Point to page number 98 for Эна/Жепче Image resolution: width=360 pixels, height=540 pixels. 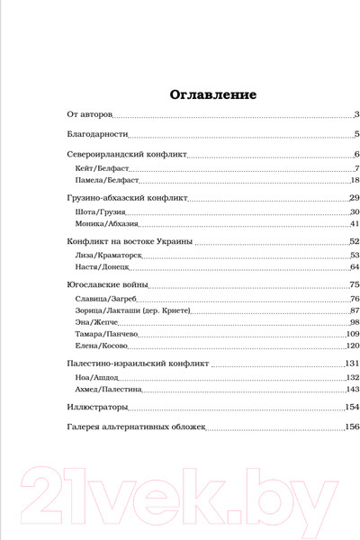coord(355,322)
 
